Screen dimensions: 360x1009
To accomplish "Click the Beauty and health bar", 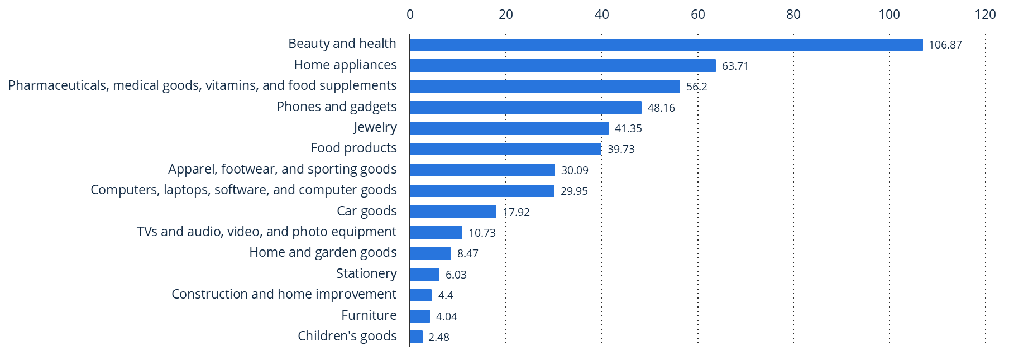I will coord(666,45).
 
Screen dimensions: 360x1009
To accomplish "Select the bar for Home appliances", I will coord(563,66).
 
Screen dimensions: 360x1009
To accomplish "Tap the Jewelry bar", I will coord(509,128).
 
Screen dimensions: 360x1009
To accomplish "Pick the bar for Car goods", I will coord(453,212).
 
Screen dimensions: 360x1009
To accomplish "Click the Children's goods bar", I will coord(416,337).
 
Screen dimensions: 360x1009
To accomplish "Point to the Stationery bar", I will coord(424,275).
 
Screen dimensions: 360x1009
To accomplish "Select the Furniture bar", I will coord(420,316).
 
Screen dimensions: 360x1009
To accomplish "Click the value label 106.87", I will coord(945,45).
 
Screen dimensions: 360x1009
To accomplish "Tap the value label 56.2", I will coord(696,87).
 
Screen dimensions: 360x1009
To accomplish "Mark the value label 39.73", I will coord(620,149).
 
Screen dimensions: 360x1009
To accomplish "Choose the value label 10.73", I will coord(481,233).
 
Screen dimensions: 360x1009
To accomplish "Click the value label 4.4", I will coord(445,295).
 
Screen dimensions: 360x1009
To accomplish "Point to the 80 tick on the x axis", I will coord(793,15).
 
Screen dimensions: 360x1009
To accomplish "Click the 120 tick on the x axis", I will coord(985,15).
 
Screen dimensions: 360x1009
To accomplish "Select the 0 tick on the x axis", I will coord(410,15).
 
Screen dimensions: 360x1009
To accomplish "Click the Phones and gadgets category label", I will coord(336,107).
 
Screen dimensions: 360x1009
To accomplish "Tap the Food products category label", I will coord(353,148).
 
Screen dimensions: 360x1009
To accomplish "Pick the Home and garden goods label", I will coord(323,252).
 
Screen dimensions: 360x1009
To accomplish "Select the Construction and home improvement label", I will coord(284,294).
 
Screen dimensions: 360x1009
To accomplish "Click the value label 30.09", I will coord(574,170).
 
